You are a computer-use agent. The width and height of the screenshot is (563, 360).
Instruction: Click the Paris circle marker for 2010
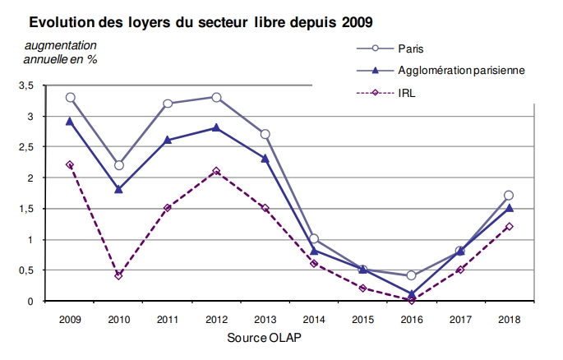pos(119,165)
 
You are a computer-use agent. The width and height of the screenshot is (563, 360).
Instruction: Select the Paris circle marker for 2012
pos(216,97)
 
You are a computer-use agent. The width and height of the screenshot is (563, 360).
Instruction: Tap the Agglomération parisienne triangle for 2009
pos(70,122)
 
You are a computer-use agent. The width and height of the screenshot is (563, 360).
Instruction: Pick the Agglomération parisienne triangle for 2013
pos(265,159)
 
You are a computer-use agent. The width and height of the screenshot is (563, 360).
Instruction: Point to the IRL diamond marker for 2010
pos(119,275)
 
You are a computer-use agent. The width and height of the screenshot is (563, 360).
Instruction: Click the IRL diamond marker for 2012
pos(216,171)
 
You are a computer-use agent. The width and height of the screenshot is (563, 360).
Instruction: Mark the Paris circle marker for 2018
pos(509,196)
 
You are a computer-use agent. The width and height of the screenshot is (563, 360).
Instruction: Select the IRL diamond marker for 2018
pos(509,227)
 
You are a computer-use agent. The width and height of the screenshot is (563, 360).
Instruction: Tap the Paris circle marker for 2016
pos(412,275)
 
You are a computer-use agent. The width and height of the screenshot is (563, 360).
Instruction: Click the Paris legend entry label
pos(411,48)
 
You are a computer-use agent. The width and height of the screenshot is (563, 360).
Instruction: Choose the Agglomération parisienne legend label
pos(461,71)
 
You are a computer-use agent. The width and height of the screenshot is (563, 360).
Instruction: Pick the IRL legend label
pos(407,94)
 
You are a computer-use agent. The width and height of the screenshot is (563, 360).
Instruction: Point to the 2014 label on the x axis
pos(314,319)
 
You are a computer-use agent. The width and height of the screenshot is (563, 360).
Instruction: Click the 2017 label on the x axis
pos(460,319)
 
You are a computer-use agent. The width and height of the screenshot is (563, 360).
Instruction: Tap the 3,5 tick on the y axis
pos(25,85)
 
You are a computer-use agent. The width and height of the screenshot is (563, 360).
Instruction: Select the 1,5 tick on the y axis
pos(25,209)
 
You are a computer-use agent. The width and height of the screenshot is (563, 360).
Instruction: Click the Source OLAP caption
pos(265,338)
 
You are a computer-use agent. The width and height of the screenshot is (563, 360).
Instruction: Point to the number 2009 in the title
pos(357,22)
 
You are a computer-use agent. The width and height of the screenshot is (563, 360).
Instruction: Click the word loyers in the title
pos(150,23)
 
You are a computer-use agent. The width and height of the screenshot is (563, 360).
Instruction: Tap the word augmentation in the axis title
pos(60,45)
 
